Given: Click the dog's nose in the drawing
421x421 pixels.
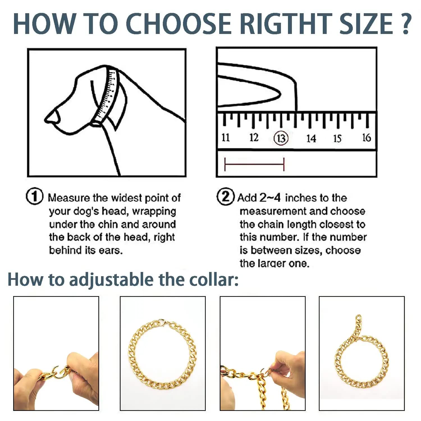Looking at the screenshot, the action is click(x=52, y=116).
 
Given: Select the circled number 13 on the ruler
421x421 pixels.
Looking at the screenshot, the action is click(x=281, y=138).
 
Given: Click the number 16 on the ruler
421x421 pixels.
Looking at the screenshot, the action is click(x=367, y=138).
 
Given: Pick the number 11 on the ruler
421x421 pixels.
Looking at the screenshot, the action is click(x=226, y=138).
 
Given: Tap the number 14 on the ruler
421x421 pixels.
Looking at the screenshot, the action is click(x=311, y=138).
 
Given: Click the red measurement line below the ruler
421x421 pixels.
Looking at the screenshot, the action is click(x=254, y=164).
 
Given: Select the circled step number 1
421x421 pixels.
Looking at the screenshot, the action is click(x=35, y=196).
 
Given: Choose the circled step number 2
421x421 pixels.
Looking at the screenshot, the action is click(x=225, y=197).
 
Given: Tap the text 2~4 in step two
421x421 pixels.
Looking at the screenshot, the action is click(x=270, y=198).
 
